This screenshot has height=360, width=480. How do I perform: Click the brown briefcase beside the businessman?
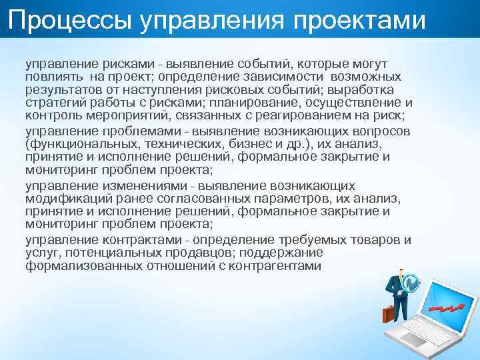tap(389, 313)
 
